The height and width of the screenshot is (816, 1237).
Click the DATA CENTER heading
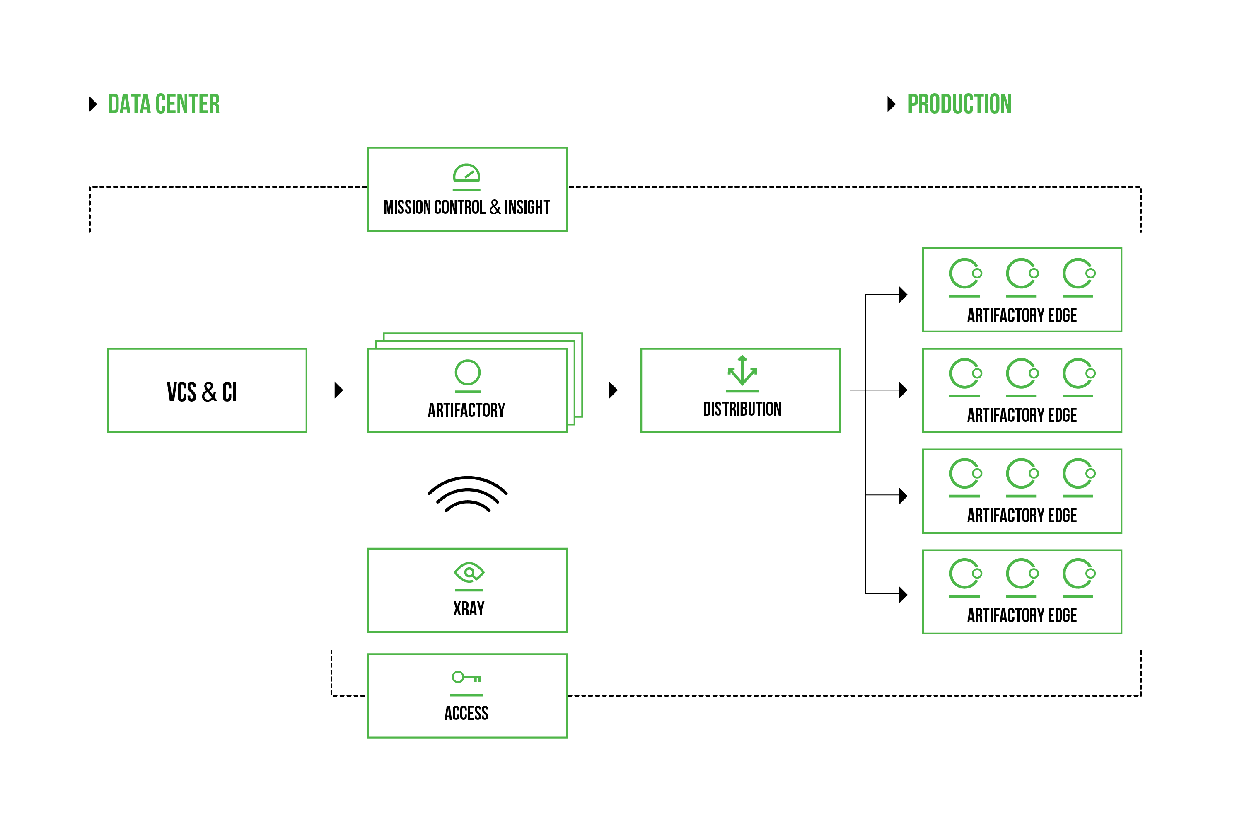[x=164, y=104]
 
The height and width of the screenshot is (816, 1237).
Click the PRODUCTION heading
[x=959, y=104]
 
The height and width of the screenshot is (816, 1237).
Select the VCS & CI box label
[x=202, y=392]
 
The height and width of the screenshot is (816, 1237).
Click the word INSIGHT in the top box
[x=527, y=207]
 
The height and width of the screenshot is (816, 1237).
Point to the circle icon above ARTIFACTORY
[x=467, y=373]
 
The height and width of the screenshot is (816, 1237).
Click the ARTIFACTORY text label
[x=466, y=410]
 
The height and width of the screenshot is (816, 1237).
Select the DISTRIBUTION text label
[x=742, y=409]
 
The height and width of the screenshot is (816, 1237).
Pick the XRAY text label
[x=469, y=608]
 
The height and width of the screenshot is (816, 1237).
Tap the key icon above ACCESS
[x=466, y=677]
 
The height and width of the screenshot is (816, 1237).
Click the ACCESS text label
[x=466, y=713]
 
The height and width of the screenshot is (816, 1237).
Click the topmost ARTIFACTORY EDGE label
[x=1022, y=315]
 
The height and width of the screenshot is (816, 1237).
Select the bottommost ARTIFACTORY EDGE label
[x=1022, y=616]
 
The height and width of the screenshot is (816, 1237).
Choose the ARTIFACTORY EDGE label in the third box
[x=1022, y=516]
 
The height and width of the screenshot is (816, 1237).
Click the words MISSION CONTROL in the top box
[x=434, y=207]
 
